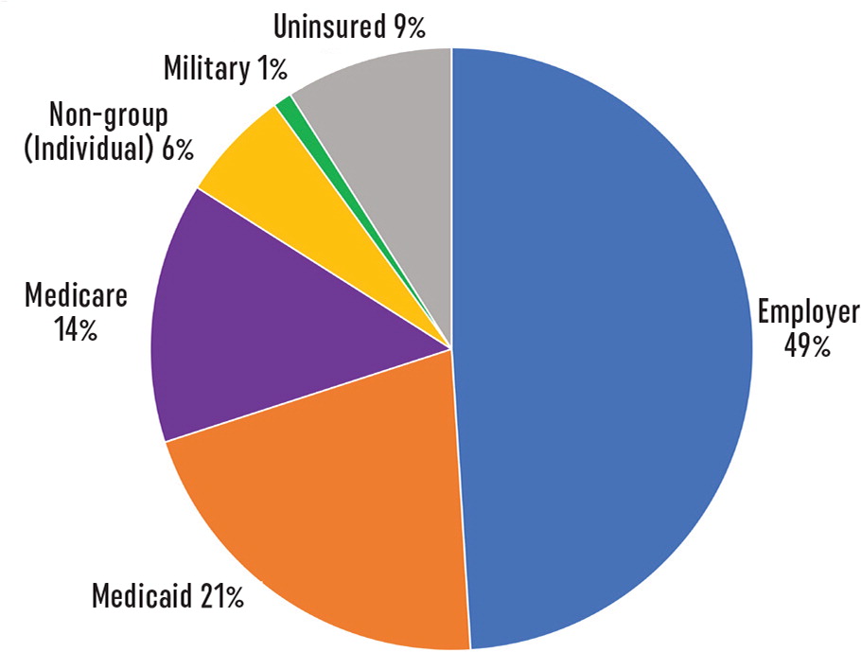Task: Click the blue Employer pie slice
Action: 606,350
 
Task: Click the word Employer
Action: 807,312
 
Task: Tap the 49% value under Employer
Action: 806,346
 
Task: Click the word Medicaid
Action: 145,597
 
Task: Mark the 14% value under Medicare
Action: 76,331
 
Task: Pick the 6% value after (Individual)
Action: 176,149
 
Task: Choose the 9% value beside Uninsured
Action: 410,26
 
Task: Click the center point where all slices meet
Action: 451,348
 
